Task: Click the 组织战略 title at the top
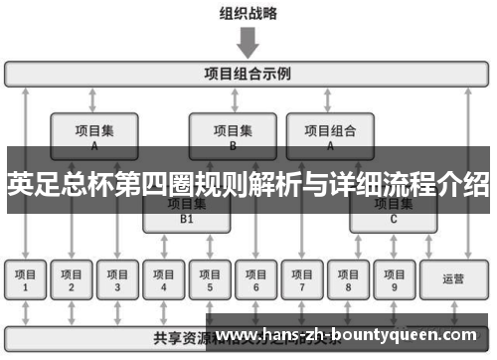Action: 248,14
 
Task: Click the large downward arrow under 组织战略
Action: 248,43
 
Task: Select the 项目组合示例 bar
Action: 248,73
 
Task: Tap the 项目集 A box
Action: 94,135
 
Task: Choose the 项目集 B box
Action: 233,135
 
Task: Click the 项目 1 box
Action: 27,280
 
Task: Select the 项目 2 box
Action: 72,280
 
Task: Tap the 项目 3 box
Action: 117,280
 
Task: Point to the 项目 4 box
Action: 164,280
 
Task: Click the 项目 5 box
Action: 210,280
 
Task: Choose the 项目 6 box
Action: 255,280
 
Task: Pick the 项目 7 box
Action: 302,280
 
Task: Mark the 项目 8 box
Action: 348,280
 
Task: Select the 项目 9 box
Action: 394,280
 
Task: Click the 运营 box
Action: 453,280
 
